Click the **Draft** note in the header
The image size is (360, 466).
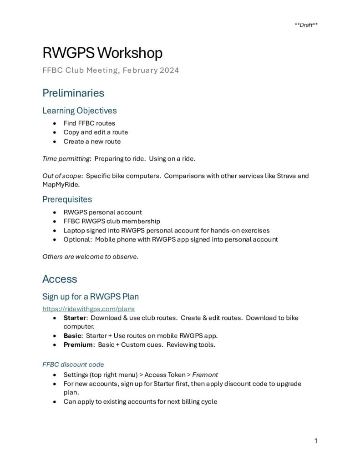point(306,25)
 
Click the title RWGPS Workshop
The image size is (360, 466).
point(102,53)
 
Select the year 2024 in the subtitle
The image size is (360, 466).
point(169,70)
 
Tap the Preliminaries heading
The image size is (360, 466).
point(73,93)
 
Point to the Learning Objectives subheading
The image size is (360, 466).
point(79,111)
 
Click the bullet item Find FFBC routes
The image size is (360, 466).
point(89,123)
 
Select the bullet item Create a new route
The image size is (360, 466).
point(92,141)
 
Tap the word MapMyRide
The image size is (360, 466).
point(59,185)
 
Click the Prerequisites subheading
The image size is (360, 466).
point(67,199)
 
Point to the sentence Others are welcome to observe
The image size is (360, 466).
point(90,257)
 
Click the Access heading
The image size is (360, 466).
point(60,279)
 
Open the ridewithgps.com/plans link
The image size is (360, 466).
point(82,309)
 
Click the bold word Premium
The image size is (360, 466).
point(78,344)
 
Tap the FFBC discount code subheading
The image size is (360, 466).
point(73,364)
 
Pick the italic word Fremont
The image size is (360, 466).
point(205,375)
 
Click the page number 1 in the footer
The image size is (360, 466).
point(315,441)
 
